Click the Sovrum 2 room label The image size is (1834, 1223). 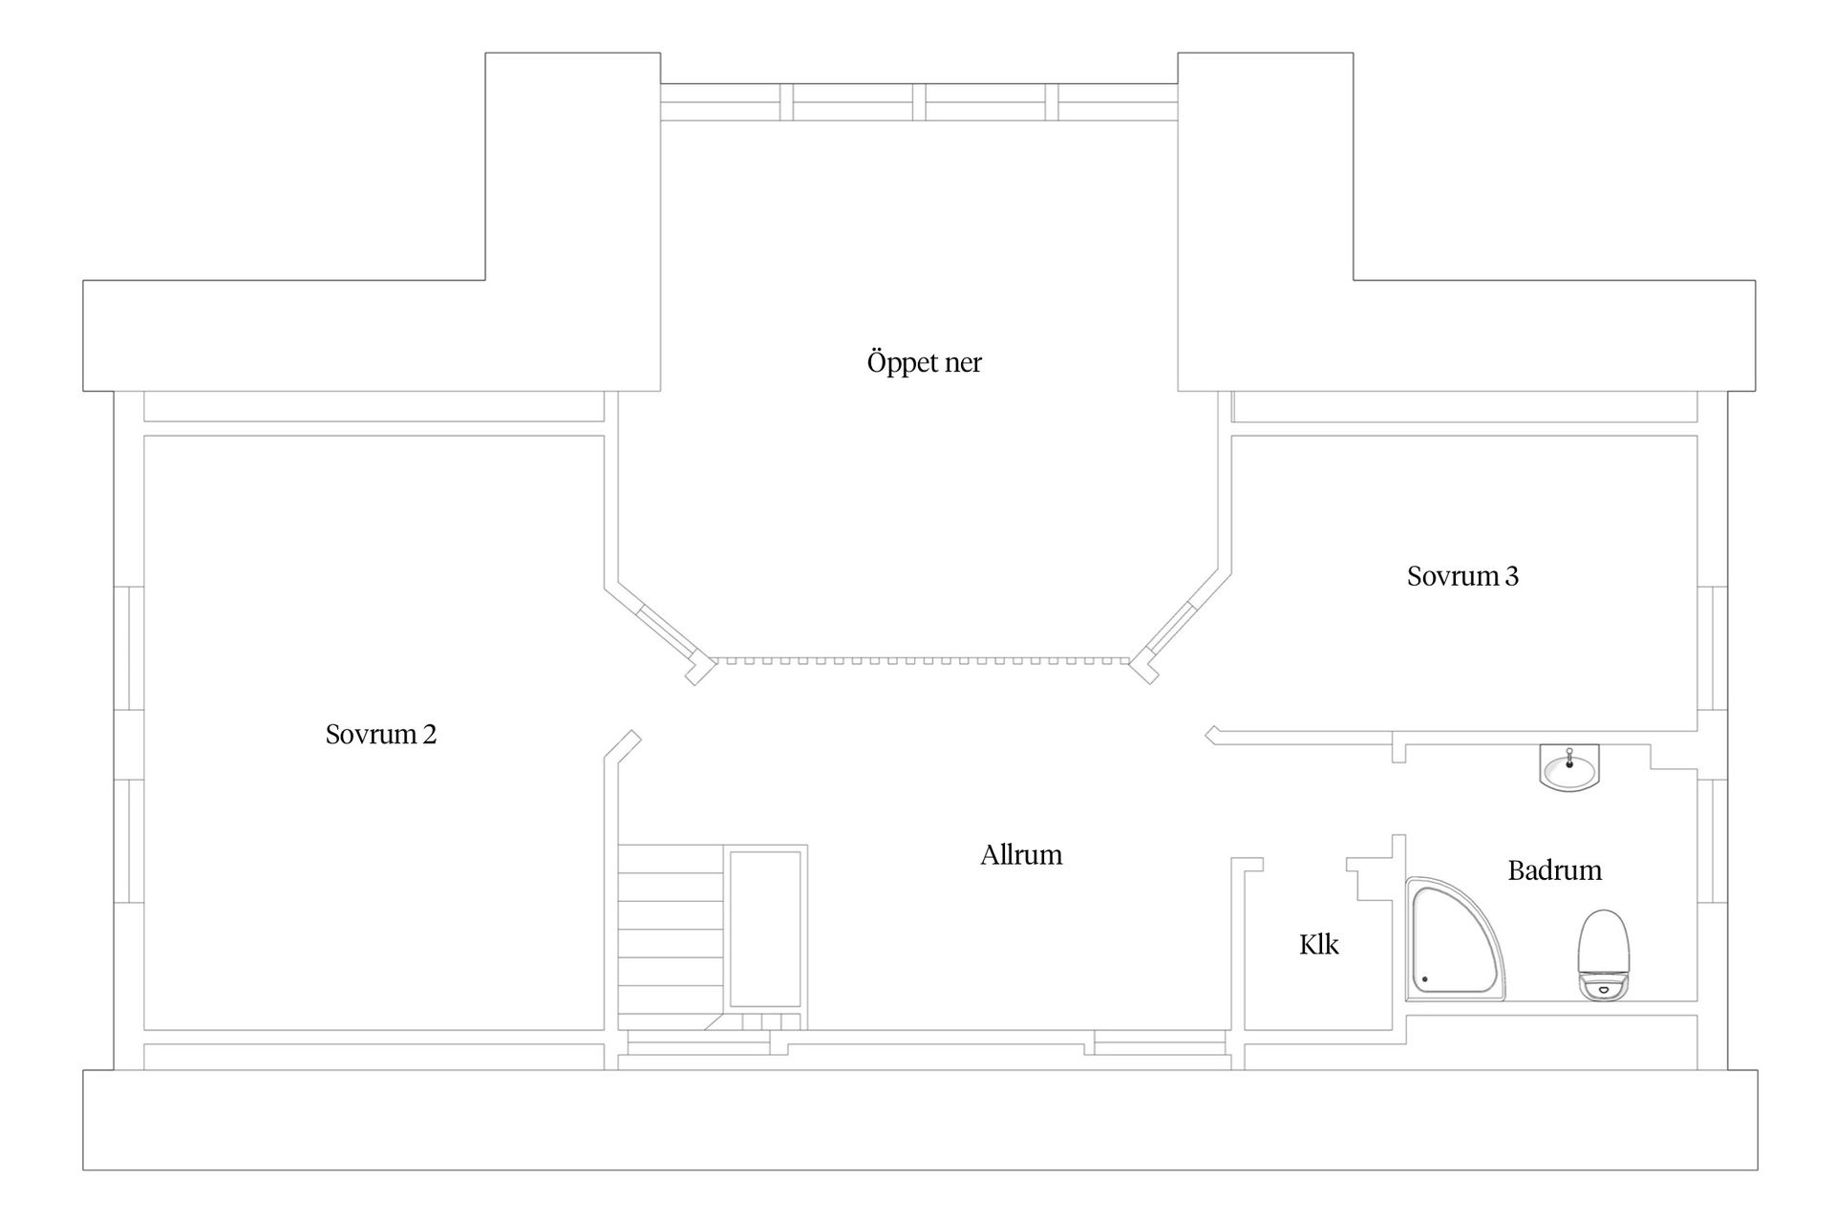[x=381, y=734]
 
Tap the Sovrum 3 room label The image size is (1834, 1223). [x=1462, y=575]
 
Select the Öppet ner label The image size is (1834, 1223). [x=924, y=362]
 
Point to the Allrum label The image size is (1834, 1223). [x=1021, y=854]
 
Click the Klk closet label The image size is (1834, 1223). [x=1319, y=944]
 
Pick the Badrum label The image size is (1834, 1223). [x=1555, y=870]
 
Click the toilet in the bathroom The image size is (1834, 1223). [x=1604, y=955]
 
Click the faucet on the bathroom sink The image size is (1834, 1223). [x=1569, y=757]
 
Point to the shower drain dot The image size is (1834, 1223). [x=1424, y=978]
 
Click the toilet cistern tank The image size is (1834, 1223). [x=1604, y=986]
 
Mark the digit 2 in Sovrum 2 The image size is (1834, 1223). [x=430, y=734]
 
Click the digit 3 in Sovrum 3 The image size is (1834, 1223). [x=1511, y=575]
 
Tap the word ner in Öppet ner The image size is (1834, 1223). [x=962, y=364]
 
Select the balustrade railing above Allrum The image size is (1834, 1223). [x=924, y=659]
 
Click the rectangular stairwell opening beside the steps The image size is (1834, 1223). [x=765, y=930]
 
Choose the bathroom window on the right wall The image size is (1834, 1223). [x=1713, y=842]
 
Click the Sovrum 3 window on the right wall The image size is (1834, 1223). [x=1713, y=649]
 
